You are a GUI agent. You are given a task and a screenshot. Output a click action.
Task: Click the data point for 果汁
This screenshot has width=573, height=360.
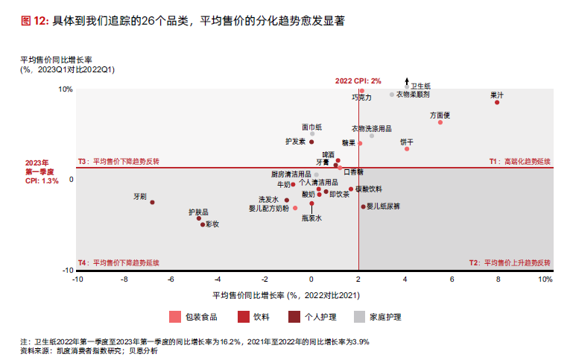[497, 102]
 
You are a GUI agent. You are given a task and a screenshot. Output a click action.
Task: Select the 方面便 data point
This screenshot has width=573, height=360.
[440, 122]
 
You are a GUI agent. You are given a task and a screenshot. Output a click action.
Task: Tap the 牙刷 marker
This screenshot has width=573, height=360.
[152, 202]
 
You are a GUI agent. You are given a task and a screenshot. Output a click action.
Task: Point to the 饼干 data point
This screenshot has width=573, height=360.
[407, 149]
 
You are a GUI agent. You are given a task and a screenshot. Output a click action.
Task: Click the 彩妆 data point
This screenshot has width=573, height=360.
[202, 224]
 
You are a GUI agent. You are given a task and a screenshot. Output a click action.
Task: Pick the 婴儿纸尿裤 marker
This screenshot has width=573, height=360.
[364, 206]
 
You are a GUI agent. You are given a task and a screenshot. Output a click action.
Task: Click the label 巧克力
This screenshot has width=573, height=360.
[361, 98]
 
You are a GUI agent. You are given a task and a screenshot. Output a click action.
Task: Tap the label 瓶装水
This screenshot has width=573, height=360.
[311, 218]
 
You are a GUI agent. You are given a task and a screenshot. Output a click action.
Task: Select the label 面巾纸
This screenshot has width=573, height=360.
[312, 127]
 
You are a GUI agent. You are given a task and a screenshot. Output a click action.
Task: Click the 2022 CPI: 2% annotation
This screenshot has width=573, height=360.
[358, 80]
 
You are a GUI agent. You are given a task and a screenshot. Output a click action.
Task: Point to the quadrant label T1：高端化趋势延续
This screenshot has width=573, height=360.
[519, 161]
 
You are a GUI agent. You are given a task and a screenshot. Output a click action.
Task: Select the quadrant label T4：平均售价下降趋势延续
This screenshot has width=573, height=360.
[118, 263]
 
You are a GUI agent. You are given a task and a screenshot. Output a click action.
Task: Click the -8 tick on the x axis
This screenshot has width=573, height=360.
[124, 280]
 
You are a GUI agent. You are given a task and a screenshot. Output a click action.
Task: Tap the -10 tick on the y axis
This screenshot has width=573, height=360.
[66, 271]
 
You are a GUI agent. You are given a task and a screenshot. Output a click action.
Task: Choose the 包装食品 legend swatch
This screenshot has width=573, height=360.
[175, 317]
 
